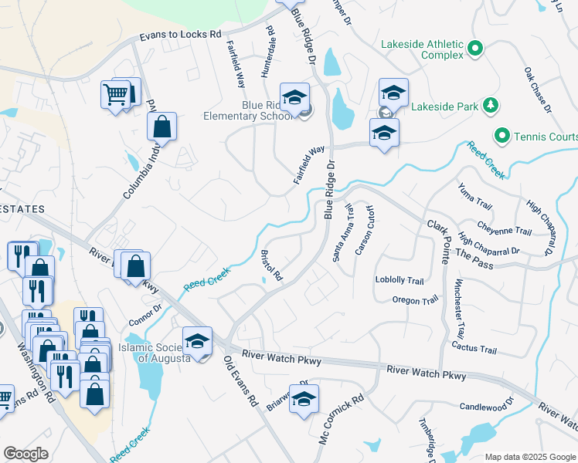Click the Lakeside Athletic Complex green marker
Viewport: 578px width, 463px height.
475,50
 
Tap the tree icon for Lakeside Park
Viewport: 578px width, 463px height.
488,105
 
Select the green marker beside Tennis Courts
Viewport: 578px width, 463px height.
502,137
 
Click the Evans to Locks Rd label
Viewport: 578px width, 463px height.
181,35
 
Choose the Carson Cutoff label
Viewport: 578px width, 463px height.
364,230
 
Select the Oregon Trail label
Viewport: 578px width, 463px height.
415,299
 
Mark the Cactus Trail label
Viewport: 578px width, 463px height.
474,350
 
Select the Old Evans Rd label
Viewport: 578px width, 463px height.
240,381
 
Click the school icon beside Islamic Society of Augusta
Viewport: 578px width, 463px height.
197,340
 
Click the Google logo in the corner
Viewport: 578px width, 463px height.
25,454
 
